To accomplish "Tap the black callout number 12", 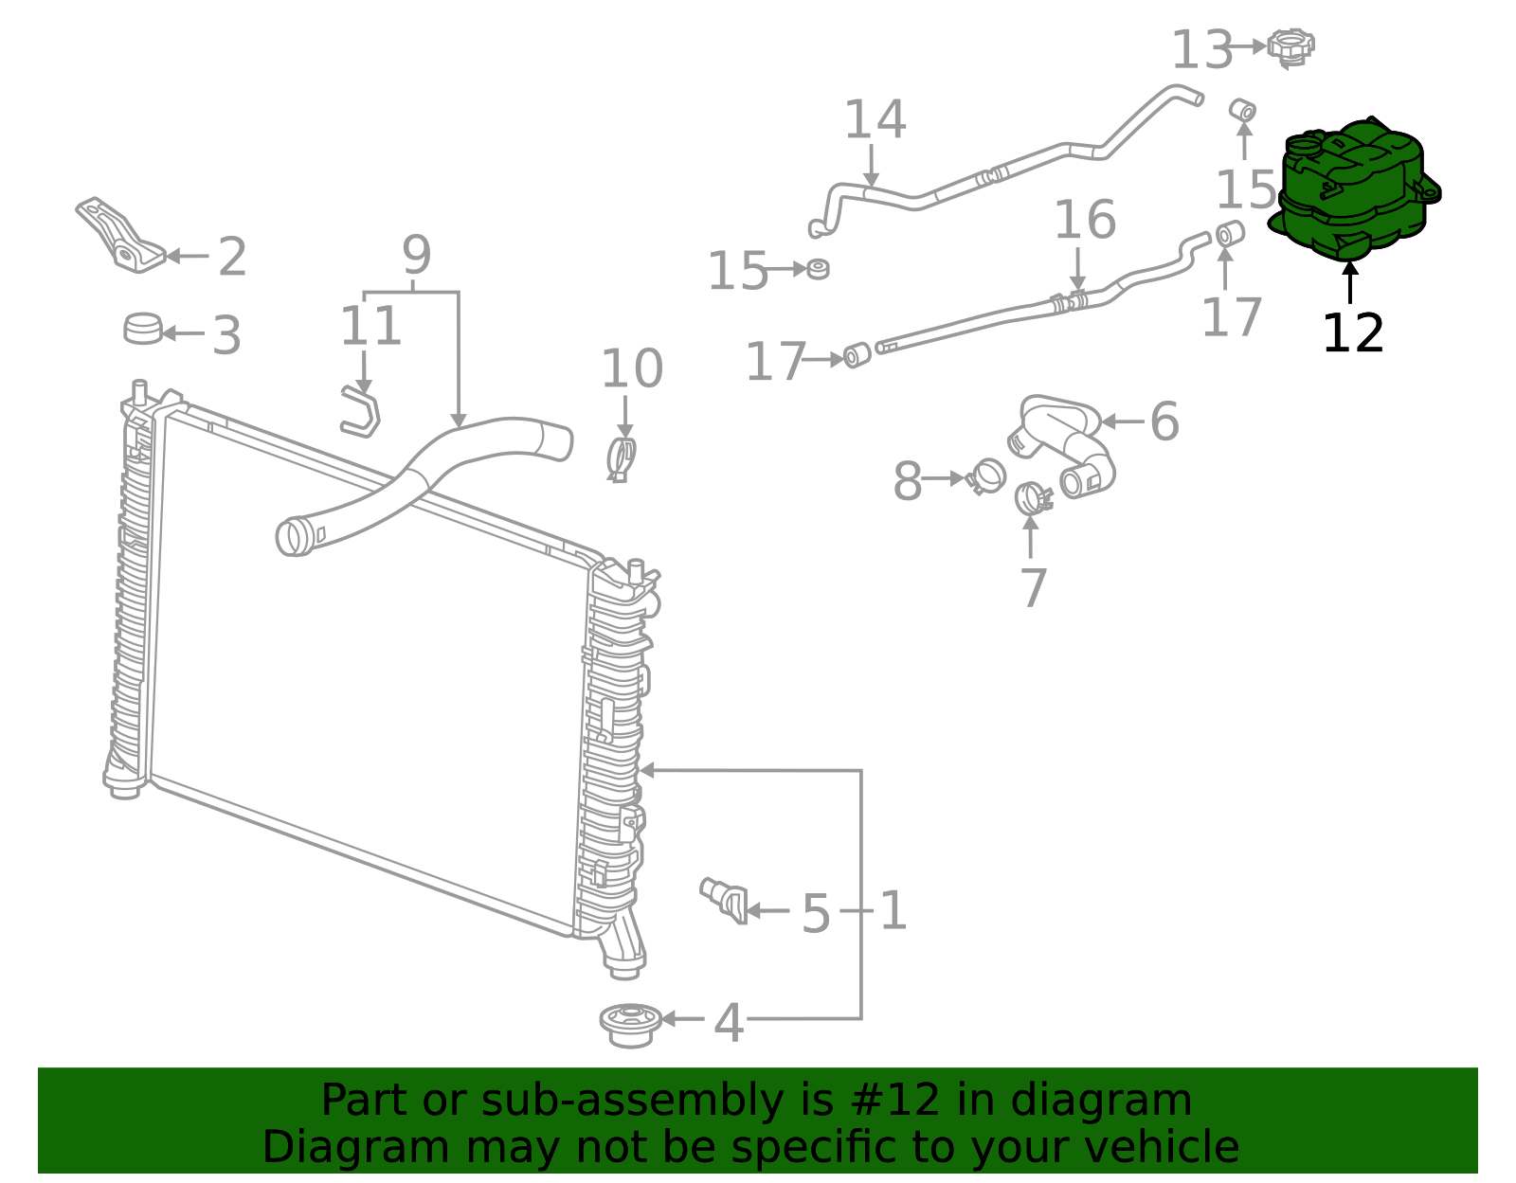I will coord(1352,333).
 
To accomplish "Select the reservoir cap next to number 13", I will coord(1290,47).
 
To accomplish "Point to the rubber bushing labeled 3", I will coord(143,329).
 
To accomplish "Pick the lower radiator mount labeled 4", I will coord(630,1025).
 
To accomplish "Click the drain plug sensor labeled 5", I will coord(725,899).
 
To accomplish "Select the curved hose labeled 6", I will coord(1066,440).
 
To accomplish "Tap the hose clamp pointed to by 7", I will coord(1031,497).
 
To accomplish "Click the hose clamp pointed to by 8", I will coord(985,475).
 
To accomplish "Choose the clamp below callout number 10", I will coord(622,458).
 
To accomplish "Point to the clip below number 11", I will coord(361,414).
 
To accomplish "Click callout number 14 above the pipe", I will coord(875,120).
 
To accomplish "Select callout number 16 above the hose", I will coord(1084,220).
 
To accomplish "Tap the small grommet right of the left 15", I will coord(819,269).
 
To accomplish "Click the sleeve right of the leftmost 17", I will coord(857,355).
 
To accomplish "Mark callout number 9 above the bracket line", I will coord(416,255).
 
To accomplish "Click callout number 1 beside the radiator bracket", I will coord(893,910).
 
